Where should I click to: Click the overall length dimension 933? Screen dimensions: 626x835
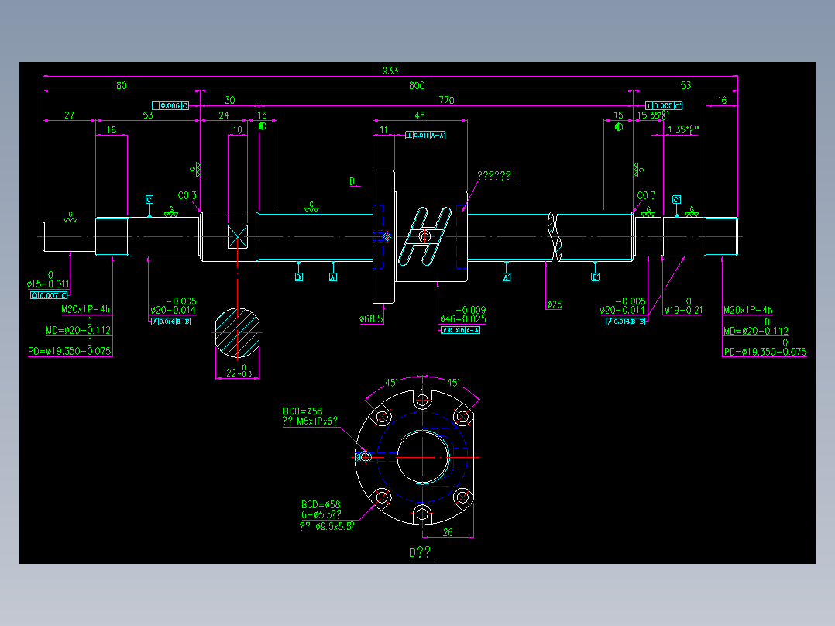pyautogui.click(x=390, y=71)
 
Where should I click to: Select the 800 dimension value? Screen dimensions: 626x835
pyautogui.click(x=417, y=85)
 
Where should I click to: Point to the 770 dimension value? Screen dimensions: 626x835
pyautogui.click(x=446, y=100)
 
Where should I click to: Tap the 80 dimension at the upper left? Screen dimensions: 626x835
pyautogui.click(x=122, y=85)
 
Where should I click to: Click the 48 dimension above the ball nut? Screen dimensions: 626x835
pyautogui.click(x=420, y=115)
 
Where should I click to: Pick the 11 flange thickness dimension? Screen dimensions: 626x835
pyautogui.click(x=384, y=130)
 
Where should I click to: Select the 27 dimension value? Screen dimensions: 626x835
pyautogui.click(x=69, y=115)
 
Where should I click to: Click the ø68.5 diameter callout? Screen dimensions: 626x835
pyautogui.click(x=372, y=318)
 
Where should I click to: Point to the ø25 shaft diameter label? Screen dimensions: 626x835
pyautogui.click(x=554, y=305)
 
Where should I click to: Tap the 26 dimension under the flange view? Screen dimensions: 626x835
pyautogui.click(x=448, y=532)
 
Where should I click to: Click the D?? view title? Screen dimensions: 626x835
pyautogui.click(x=421, y=552)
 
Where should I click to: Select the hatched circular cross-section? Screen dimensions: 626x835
pyautogui.click(x=236, y=334)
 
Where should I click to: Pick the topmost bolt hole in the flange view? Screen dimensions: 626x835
pyautogui.click(x=422, y=401)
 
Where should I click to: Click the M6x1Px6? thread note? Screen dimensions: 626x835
pyautogui.click(x=310, y=421)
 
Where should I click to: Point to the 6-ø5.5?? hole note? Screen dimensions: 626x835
pyautogui.click(x=321, y=514)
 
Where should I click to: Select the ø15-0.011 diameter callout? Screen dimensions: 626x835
pyautogui.click(x=48, y=284)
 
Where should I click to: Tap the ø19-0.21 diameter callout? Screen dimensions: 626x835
pyautogui.click(x=683, y=311)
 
